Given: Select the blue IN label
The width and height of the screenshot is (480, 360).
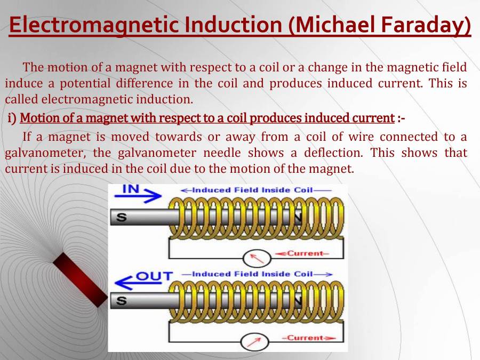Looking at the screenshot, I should (132, 188).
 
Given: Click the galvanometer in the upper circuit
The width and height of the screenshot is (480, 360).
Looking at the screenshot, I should (253, 258).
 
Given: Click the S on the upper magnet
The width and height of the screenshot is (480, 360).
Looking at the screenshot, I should (122, 217).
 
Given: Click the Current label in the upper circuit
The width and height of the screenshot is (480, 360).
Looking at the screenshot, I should (305, 253).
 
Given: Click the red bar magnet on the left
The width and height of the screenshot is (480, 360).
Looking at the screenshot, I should (80, 279).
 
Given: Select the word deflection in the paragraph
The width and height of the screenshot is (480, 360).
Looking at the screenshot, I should (333, 153).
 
